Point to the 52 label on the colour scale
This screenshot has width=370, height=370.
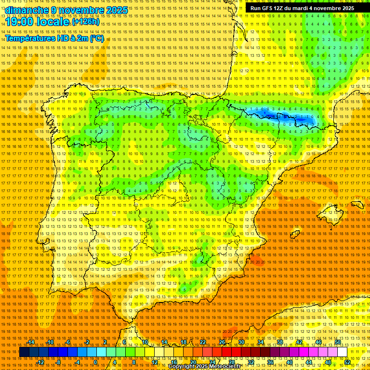347,362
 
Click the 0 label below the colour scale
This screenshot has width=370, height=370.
96,362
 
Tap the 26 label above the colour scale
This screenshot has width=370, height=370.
222,342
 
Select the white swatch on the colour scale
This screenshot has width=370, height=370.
342,352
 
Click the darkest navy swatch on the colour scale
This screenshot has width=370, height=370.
24,352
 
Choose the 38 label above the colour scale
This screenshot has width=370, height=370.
279,342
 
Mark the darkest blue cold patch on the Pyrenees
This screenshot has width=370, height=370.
303,118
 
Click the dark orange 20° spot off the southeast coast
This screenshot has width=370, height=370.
256,262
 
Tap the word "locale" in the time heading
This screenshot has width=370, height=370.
55,22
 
